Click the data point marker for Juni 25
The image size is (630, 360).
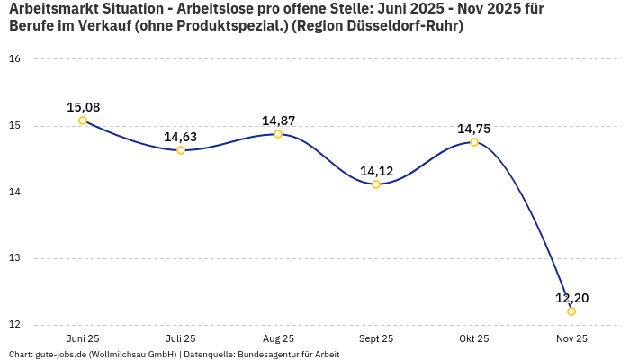click(83, 121)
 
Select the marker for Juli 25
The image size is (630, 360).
click(181, 150)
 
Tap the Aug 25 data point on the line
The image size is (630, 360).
click(278, 134)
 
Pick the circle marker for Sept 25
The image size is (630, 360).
click(376, 184)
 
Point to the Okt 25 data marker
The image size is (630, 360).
click(474, 142)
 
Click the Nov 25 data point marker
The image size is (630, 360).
click(571, 311)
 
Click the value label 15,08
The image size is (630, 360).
click(83, 107)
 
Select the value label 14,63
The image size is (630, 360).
click(181, 137)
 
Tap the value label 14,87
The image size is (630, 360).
click(278, 121)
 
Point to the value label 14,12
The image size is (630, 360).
click(376, 171)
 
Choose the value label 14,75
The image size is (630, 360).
click(474, 129)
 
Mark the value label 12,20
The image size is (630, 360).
click(571, 298)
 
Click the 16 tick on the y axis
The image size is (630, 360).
click(14, 59)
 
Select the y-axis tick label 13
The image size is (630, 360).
click(14, 259)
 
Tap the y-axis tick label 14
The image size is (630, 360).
click(14, 193)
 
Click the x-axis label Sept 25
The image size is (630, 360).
click(376, 338)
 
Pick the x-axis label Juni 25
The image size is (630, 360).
click(83, 338)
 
